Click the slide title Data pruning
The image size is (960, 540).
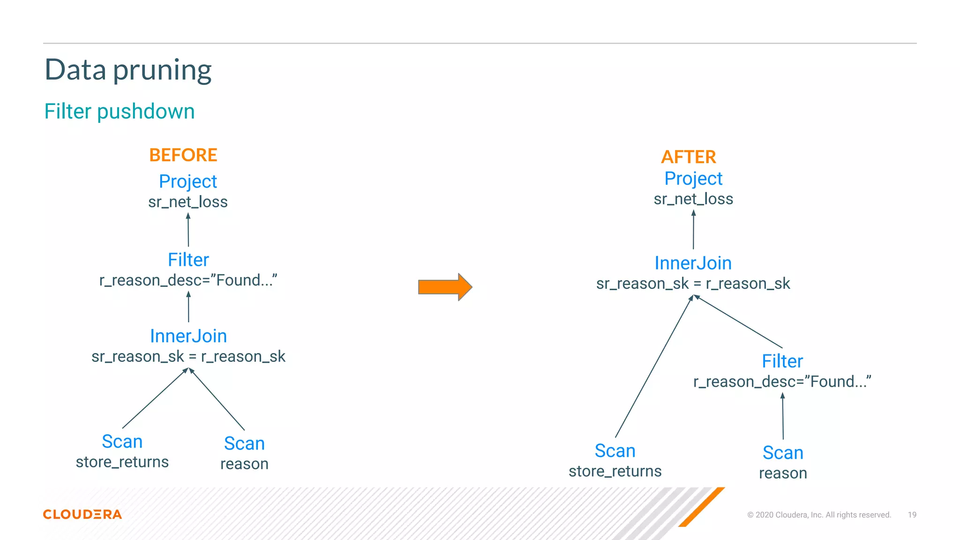coord(128,70)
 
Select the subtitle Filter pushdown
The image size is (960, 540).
coord(120,112)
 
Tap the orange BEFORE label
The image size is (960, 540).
coord(183,155)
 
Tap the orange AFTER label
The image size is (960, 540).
coord(688,157)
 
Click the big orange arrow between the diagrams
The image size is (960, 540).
coord(444,287)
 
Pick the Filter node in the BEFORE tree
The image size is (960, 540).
coord(188,260)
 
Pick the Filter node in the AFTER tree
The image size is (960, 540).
coord(782,361)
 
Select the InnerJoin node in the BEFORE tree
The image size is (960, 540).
coord(188,336)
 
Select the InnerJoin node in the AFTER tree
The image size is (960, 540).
coord(693,263)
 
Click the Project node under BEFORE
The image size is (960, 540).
coord(188,181)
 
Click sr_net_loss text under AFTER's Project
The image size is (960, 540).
coord(693,199)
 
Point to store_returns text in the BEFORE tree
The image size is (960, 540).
coord(122,462)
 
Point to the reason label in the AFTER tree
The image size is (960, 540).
coord(783,473)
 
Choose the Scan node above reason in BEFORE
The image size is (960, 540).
coord(244,443)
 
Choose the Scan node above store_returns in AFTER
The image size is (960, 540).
coord(615,451)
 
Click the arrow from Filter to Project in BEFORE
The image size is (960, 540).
coord(188,230)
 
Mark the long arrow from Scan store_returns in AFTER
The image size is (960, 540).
coord(654,367)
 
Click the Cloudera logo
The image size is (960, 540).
coord(82,514)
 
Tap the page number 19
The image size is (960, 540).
coord(912,515)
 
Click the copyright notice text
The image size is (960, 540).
coord(819,515)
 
